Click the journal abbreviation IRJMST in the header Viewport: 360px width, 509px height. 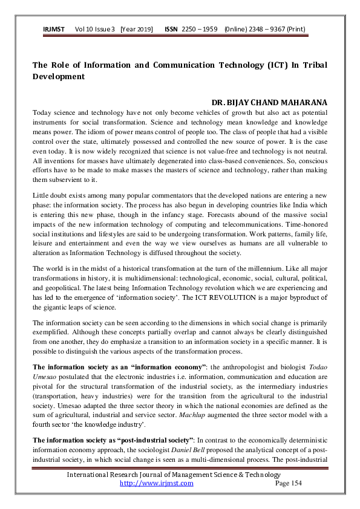pos(54,29)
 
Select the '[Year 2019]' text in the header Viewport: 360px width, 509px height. pos(136,29)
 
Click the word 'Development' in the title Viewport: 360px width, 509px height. pos(58,77)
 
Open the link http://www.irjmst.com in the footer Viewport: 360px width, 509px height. pos(157,483)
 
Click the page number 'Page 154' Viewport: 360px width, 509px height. pos(288,483)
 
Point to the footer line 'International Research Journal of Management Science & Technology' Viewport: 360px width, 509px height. pos(180,475)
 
